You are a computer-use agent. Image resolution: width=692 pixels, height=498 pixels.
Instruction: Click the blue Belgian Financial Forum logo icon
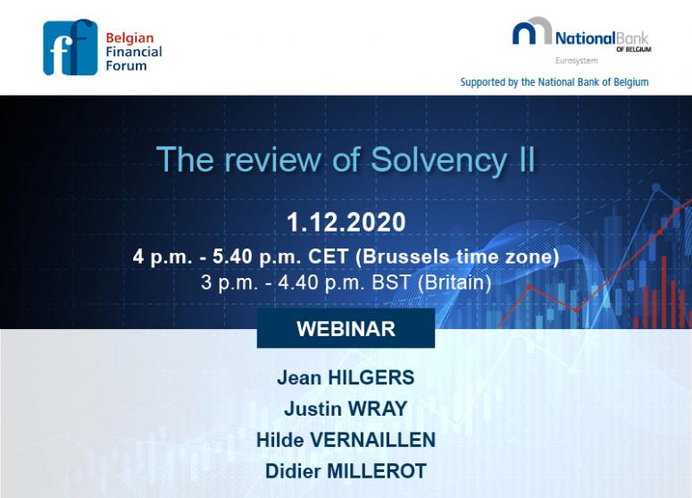pyautogui.click(x=71, y=47)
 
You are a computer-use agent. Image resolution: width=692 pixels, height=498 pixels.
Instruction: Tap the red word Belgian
pyautogui.click(x=129, y=38)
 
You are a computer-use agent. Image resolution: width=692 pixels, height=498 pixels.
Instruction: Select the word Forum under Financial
pyautogui.click(x=126, y=66)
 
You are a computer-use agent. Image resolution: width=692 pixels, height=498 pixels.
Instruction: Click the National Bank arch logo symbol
pyautogui.click(x=532, y=31)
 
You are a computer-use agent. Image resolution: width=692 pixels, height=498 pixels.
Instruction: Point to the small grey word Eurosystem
pyautogui.click(x=577, y=61)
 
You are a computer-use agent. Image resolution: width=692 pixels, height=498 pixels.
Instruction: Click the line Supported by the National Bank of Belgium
pyautogui.click(x=554, y=82)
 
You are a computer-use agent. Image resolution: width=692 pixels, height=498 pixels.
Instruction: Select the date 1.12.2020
pyautogui.click(x=346, y=222)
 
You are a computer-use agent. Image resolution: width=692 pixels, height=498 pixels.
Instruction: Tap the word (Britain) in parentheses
pyautogui.click(x=454, y=283)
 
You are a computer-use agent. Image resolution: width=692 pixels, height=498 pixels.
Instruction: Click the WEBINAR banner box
pyautogui.click(x=346, y=328)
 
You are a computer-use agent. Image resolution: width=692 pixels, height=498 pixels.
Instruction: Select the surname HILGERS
pyautogui.click(x=371, y=378)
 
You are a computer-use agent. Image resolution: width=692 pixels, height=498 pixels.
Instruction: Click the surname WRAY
pyautogui.click(x=378, y=409)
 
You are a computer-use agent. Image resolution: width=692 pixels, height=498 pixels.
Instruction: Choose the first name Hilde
pyautogui.click(x=279, y=440)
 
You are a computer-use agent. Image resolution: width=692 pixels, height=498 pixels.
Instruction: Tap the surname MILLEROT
pyautogui.click(x=377, y=471)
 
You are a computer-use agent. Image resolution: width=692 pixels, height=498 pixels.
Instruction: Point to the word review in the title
pyautogui.click(x=272, y=159)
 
